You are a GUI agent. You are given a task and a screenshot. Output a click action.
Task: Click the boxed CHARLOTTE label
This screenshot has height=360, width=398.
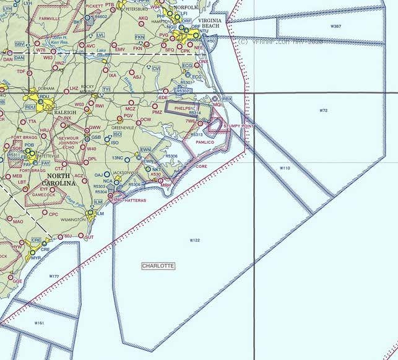point(158,266)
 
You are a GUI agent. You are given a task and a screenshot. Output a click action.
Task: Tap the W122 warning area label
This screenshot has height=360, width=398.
point(194,240)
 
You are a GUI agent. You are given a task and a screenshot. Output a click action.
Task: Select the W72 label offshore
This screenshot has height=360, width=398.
point(323,110)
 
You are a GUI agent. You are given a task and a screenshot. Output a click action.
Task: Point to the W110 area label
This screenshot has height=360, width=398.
point(284,168)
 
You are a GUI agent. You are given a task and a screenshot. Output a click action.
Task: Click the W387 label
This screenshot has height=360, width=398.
point(335,27)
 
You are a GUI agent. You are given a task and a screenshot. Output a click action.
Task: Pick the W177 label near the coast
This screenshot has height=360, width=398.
point(54,276)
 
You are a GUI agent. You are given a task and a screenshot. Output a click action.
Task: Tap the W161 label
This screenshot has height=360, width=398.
point(39,323)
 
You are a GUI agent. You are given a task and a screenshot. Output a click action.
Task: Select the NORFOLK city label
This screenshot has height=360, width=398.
point(185,7)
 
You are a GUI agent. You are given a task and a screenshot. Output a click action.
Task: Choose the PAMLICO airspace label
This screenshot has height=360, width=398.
point(204,143)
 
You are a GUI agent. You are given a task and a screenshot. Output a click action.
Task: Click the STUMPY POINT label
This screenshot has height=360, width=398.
point(238,126)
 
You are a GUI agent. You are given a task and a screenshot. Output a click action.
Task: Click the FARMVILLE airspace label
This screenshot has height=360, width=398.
point(50,19)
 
